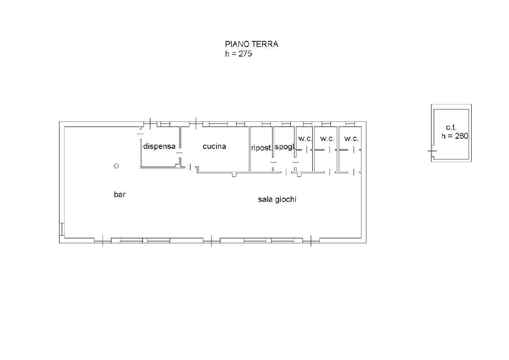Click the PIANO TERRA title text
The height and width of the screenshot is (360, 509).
click(x=252, y=44)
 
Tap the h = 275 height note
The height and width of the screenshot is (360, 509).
click(x=239, y=54)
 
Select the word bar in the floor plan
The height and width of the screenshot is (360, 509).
click(x=120, y=194)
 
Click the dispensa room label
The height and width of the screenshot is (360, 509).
click(x=159, y=146)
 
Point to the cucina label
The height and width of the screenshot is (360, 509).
click(x=214, y=146)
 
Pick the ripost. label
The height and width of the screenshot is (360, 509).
click(x=261, y=148)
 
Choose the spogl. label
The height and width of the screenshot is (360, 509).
click(x=285, y=147)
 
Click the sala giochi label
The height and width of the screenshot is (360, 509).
click(x=277, y=199)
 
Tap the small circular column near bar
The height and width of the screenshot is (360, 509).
click(x=116, y=166)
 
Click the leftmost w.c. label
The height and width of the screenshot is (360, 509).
click(x=305, y=138)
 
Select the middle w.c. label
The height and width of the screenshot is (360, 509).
click(x=327, y=138)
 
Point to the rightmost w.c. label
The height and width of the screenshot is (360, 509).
click(x=351, y=138)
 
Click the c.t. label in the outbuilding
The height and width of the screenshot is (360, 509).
click(x=451, y=127)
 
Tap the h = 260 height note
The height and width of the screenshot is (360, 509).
click(x=455, y=136)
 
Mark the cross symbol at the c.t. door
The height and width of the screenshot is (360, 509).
click(x=432, y=151)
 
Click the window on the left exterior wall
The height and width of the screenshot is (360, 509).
click(x=62, y=229)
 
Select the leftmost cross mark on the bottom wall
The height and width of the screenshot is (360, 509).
click(x=103, y=241)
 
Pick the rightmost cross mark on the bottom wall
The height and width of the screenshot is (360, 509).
click(x=311, y=241)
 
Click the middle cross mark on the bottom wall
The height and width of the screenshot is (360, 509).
click(x=211, y=241)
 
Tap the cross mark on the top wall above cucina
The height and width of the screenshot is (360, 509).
click(x=196, y=124)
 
